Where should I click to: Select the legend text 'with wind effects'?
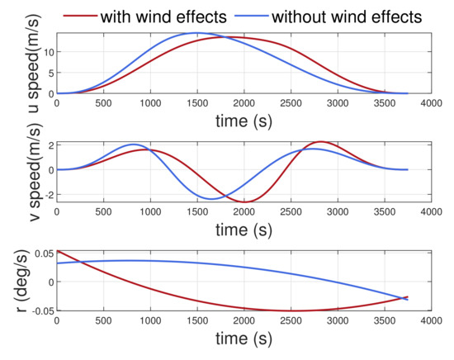click(x=163, y=15)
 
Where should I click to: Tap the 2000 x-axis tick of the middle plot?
click(x=243, y=211)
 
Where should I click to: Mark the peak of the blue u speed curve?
click(x=196, y=33)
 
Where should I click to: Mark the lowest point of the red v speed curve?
click(x=244, y=201)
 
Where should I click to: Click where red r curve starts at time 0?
click(x=57, y=250)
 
